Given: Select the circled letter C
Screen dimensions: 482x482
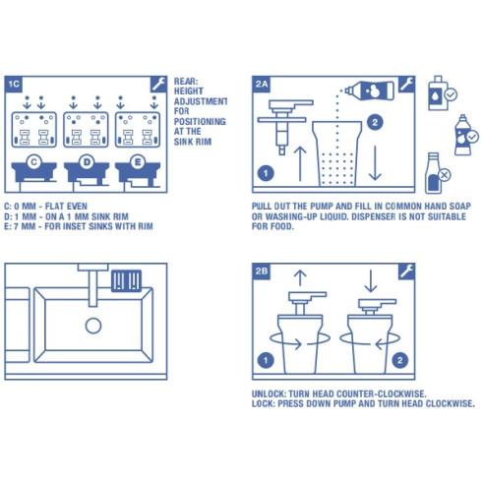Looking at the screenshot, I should [x=33, y=160].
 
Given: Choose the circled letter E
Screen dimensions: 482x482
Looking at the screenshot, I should [x=137, y=160].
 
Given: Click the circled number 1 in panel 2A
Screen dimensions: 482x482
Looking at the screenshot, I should [x=265, y=173].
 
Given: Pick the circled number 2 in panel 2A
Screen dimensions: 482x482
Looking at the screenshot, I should [x=375, y=123].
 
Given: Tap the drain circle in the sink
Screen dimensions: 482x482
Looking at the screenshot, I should [x=93, y=326].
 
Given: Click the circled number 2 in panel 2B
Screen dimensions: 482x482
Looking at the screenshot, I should [x=398, y=359].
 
